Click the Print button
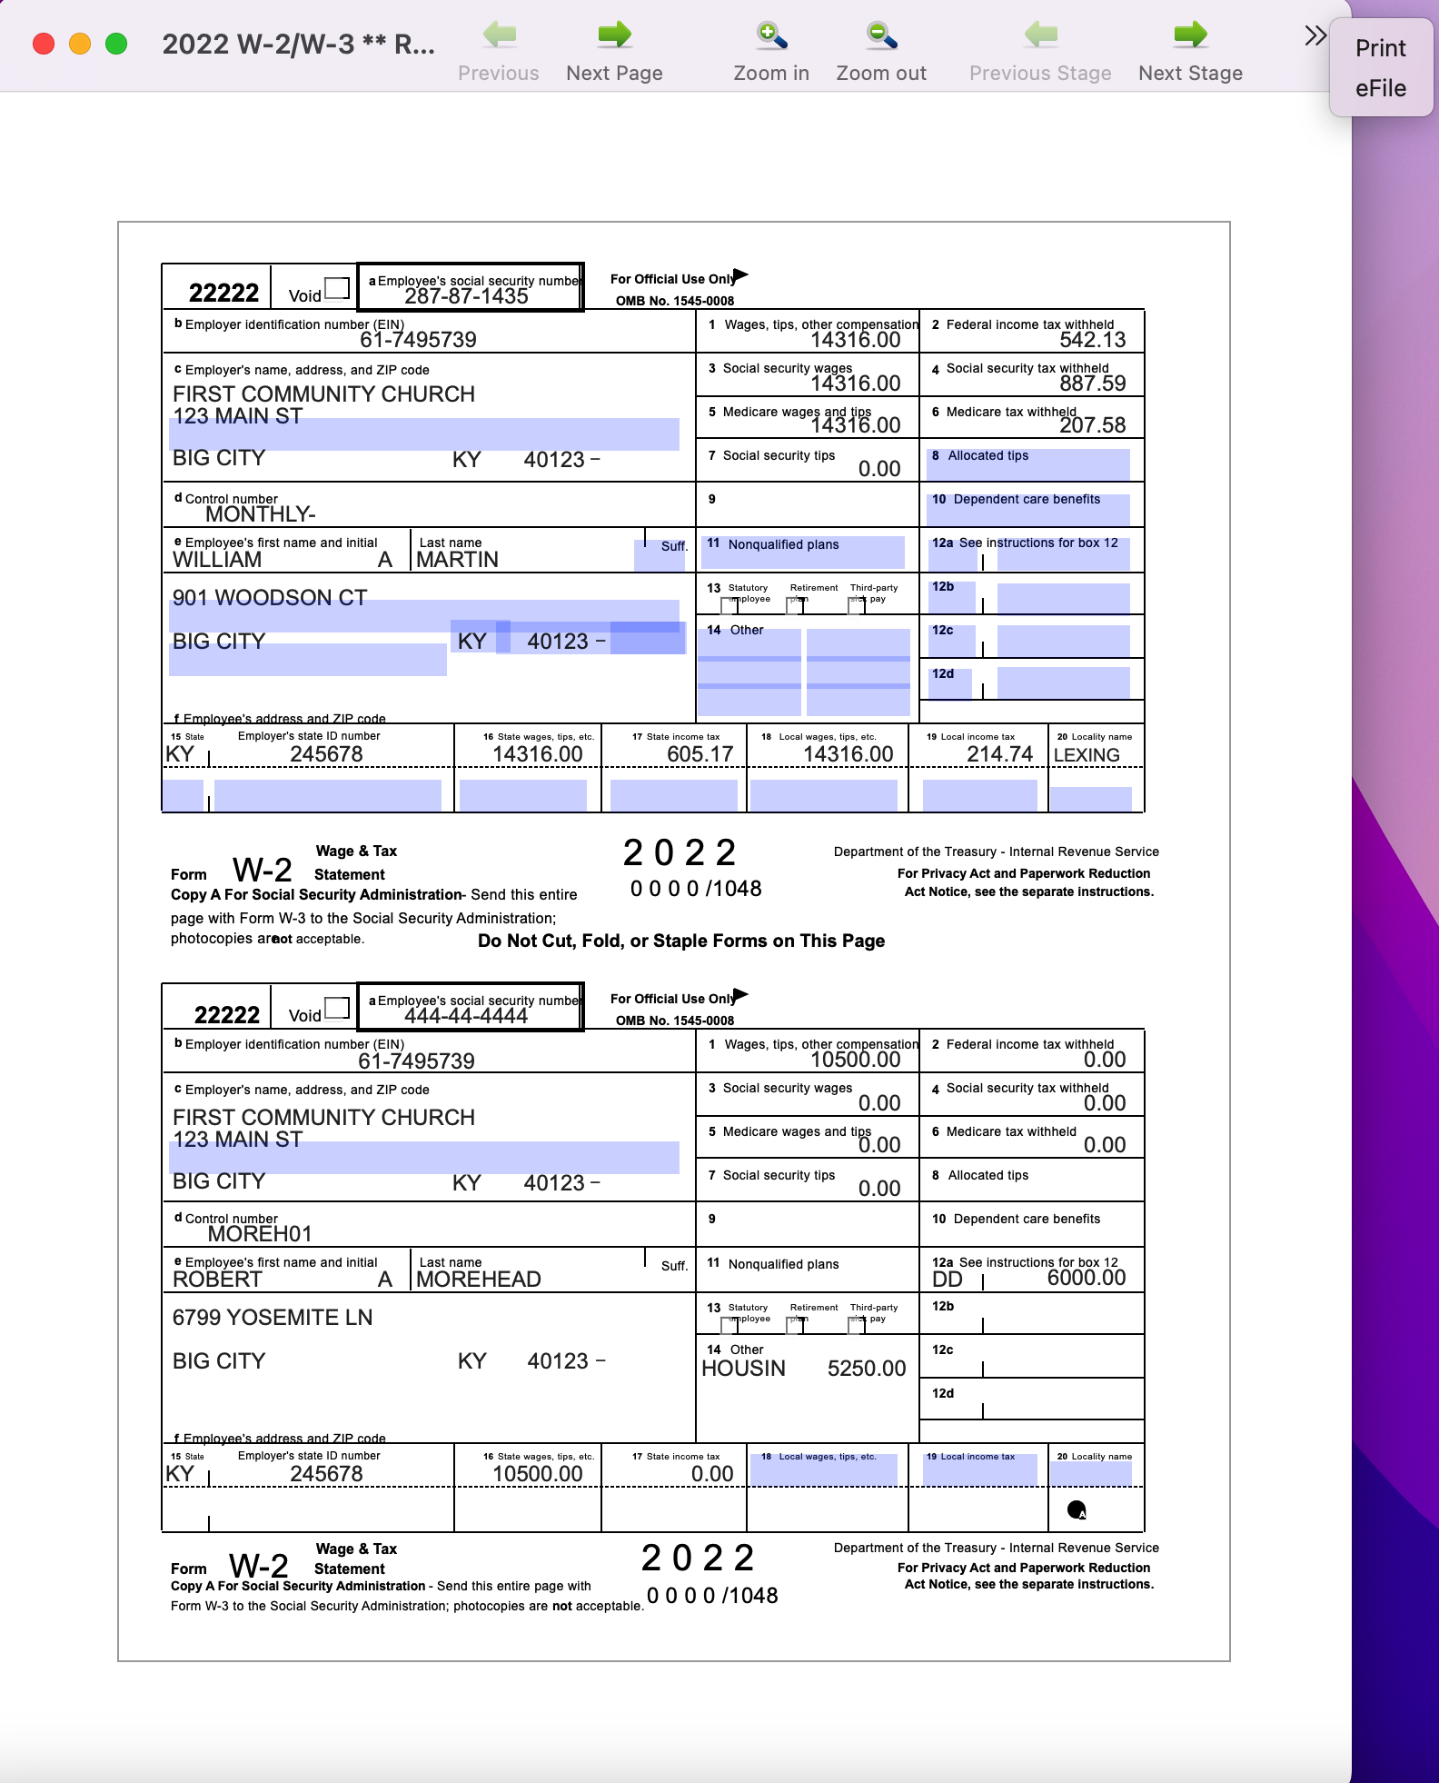1380,48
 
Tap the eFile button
1380,89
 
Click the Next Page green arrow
614,35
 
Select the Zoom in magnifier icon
771,35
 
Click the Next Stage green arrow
1190,35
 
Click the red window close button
44,44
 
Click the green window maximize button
116,44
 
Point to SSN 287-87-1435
466,296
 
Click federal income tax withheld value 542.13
1092,340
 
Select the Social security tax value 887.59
1092,383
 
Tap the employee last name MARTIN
457,560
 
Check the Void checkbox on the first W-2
337,288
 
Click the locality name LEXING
1087,755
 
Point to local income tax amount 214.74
999,754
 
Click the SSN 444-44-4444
466,1016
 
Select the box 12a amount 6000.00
1086,1278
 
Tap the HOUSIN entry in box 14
743,1369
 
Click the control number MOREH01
260,1234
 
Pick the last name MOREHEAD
479,1280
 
